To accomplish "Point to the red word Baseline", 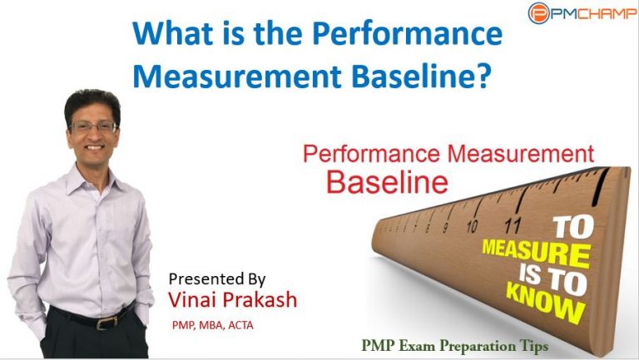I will pos(387,181).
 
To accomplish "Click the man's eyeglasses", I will pos(92,126).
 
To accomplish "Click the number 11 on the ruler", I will pos(513,224).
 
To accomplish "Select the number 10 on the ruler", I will pos(472,226).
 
